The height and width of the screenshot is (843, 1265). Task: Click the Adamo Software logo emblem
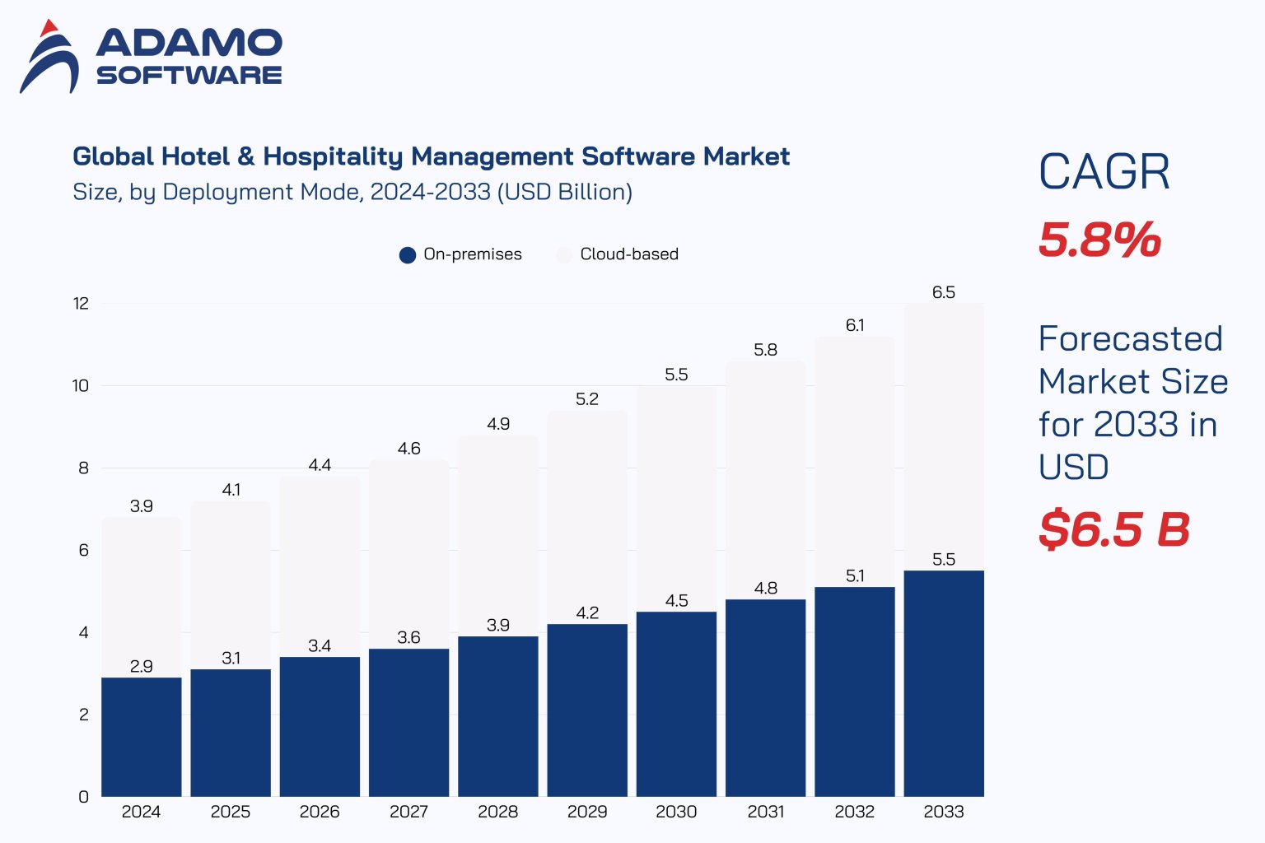(x=49, y=58)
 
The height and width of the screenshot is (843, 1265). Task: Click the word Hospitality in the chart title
(x=334, y=156)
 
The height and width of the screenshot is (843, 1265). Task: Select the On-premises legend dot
(x=407, y=255)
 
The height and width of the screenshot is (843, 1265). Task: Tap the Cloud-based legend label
(x=629, y=254)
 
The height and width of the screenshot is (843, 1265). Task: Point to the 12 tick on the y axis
(x=81, y=304)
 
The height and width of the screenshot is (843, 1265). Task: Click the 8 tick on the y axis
(x=83, y=468)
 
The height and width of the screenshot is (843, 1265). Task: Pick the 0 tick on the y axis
(x=83, y=797)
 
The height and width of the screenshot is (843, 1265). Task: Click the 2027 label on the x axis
(x=408, y=812)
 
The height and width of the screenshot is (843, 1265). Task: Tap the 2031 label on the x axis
(x=765, y=812)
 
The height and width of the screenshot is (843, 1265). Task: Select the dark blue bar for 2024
(x=142, y=737)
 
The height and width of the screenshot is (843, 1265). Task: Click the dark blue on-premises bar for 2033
(x=944, y=683)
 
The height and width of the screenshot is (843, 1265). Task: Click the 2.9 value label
(x=142, y=666)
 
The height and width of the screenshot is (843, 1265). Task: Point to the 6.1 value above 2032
(x=855, y=325)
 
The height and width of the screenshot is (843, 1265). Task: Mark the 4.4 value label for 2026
(x=320, y=465)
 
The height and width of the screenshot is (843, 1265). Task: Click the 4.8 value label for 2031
(x=765, y=588)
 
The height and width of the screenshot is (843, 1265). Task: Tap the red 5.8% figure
(x=1099, y=240)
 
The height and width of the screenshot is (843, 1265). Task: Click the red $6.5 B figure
(x=1114, y=529)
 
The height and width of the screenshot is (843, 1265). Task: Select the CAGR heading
(x=1104, y=172)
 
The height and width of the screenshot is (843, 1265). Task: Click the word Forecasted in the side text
(x=1130, y=338)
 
